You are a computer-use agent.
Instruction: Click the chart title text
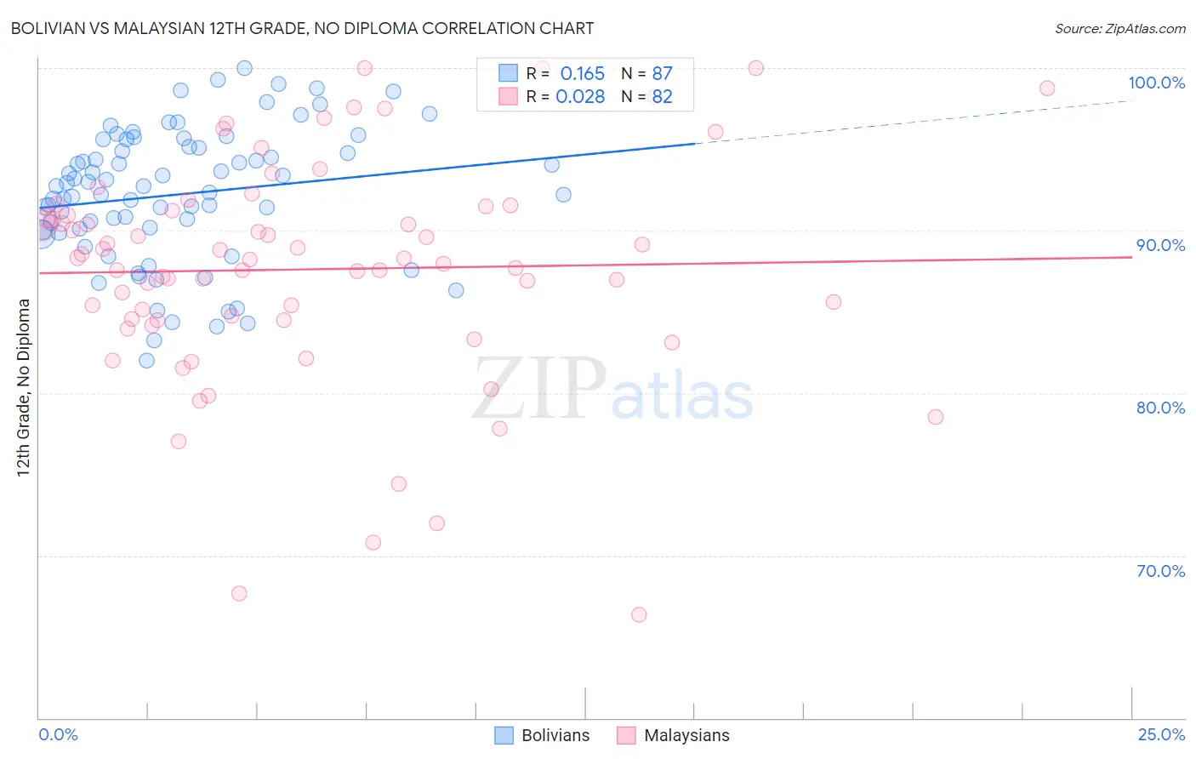click(302, 28)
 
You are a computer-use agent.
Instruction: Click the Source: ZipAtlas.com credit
click(1119, 28)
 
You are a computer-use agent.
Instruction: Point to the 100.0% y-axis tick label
click(1156, 83)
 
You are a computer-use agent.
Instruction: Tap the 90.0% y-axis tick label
click(1160, 245)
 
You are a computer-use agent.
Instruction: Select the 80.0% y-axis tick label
click(1160, 408)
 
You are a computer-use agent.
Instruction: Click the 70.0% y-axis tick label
click(1160, 571)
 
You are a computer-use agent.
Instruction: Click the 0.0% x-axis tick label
click(58, 734)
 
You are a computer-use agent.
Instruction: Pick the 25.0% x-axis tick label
click(1161, 734)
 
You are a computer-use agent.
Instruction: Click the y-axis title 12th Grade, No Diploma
click(24, 387)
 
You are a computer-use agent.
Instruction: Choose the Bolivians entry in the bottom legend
click(555, 735)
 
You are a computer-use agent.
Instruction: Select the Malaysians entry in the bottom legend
click(686, 735)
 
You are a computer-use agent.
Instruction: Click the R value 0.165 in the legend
click(582, 74)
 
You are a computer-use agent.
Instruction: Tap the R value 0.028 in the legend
click(580, 97)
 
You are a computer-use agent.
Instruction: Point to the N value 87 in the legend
click(662, 74)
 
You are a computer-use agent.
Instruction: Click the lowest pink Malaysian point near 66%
click(639, 614)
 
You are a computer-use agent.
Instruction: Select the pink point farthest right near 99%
click(1047, 88)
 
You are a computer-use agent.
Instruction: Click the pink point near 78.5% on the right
click(936, 417)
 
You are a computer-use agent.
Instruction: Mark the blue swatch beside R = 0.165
click(508, 73)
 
